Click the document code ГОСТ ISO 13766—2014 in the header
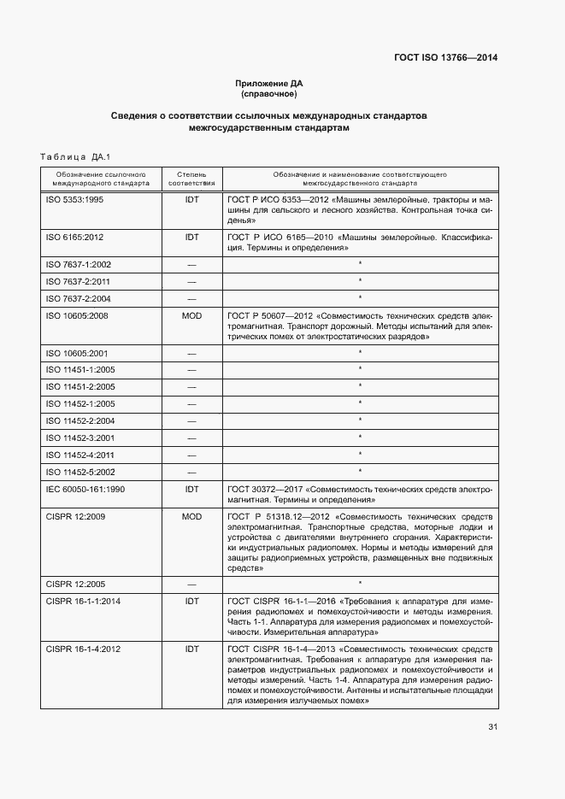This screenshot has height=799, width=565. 445,58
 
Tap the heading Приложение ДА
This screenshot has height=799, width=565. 269,83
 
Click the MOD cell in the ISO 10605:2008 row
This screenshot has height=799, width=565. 191,315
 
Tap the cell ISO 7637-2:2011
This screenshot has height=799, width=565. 78,281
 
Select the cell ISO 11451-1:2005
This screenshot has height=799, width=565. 80,368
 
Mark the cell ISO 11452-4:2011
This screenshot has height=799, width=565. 80,455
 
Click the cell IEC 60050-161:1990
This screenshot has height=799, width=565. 85,490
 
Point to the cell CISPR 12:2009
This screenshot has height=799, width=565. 75,517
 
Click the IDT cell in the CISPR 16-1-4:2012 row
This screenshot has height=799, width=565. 191,649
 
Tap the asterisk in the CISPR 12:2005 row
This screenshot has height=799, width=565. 360,584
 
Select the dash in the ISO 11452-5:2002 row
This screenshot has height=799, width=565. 191,472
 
